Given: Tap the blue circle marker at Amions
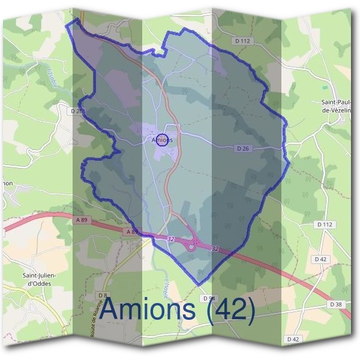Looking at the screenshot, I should [161, 140].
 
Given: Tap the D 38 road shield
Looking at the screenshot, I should [337, 305].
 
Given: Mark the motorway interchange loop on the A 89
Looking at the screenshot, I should [193, 245].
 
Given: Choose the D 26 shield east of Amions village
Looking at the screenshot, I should [242, 148].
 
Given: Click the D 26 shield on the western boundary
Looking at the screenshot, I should [76, 111].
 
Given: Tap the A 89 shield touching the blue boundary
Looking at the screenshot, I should [133, 232].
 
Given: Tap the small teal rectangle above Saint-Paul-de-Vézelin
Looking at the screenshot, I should [325, 88].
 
